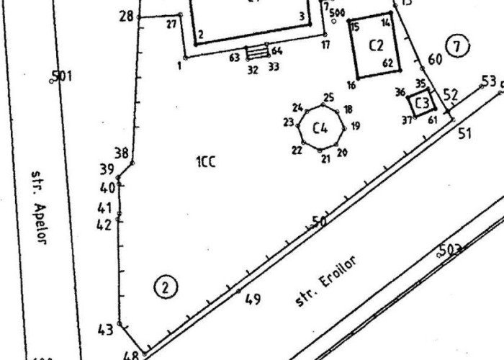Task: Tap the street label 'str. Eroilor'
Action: (326, 281)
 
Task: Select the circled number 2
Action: (166, 288)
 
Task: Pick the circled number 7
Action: (456, 47)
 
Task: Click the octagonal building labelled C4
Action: (320, 129)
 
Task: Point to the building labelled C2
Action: (375, 45)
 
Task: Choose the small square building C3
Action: (422, 102)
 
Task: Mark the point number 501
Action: (62, 75)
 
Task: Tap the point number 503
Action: (449, 250)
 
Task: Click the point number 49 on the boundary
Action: (252, 299)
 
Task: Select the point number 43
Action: (105, 330)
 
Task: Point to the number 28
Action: (126, 16)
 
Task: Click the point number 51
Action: (464, 132)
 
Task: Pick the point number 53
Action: (489, 80)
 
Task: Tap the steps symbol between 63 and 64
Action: (256, 53)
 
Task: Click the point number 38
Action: (122, 153)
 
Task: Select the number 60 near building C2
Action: (435, 59)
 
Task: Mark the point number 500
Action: (336, 12)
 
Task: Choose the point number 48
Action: (130, 355)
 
